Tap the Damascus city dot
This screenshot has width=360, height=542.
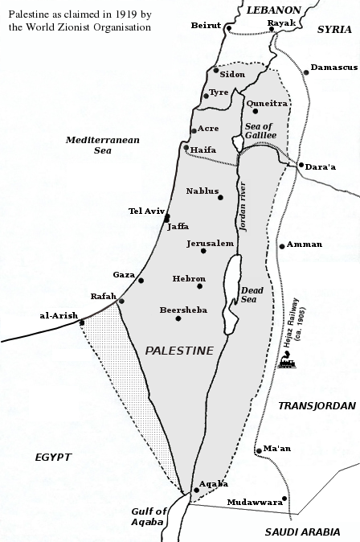(305, 72)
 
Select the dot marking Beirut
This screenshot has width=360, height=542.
(229, 29)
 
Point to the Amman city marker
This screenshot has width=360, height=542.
(281, 245)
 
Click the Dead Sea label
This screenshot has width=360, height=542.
(252, 295)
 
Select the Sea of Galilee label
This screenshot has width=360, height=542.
(261, 130)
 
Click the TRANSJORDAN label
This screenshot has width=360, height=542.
(310, 406)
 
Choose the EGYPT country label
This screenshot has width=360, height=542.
(53, 457)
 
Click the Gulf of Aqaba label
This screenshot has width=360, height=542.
(149, 516)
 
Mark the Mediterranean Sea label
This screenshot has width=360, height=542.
(103, 145)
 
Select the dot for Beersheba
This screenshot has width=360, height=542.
(178, 318)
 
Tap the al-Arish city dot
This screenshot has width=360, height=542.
(82, 323)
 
